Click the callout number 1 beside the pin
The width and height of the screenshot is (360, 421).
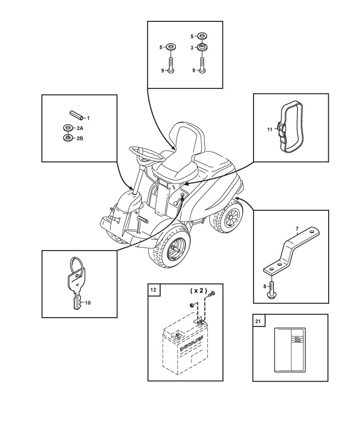pos(88,118)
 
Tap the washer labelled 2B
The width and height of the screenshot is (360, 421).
pos(66,138)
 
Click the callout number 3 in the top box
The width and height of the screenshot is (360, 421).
pos(191,48)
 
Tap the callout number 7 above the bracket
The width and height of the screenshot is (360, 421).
pos(297,229)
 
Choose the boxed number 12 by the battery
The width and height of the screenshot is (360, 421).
pos(154,290)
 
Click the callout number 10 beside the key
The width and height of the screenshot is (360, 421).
pos(88,302)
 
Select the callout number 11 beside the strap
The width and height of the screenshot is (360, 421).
pos(270,129)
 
